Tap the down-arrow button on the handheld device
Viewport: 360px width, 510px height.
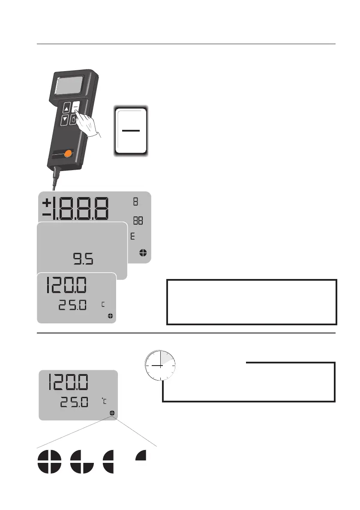click(64, 120)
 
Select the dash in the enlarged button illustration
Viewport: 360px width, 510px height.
click(131, 130)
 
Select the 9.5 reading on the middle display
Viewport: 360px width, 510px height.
click(83, 259)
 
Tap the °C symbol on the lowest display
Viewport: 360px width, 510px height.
click(104, 402)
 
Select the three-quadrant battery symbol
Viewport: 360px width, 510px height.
click(81, 461)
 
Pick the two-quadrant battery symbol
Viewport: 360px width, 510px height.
click(109, 461)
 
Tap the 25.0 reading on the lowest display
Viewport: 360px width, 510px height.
click(75, 402)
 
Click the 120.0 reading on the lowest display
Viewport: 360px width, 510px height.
click(69, 382)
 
